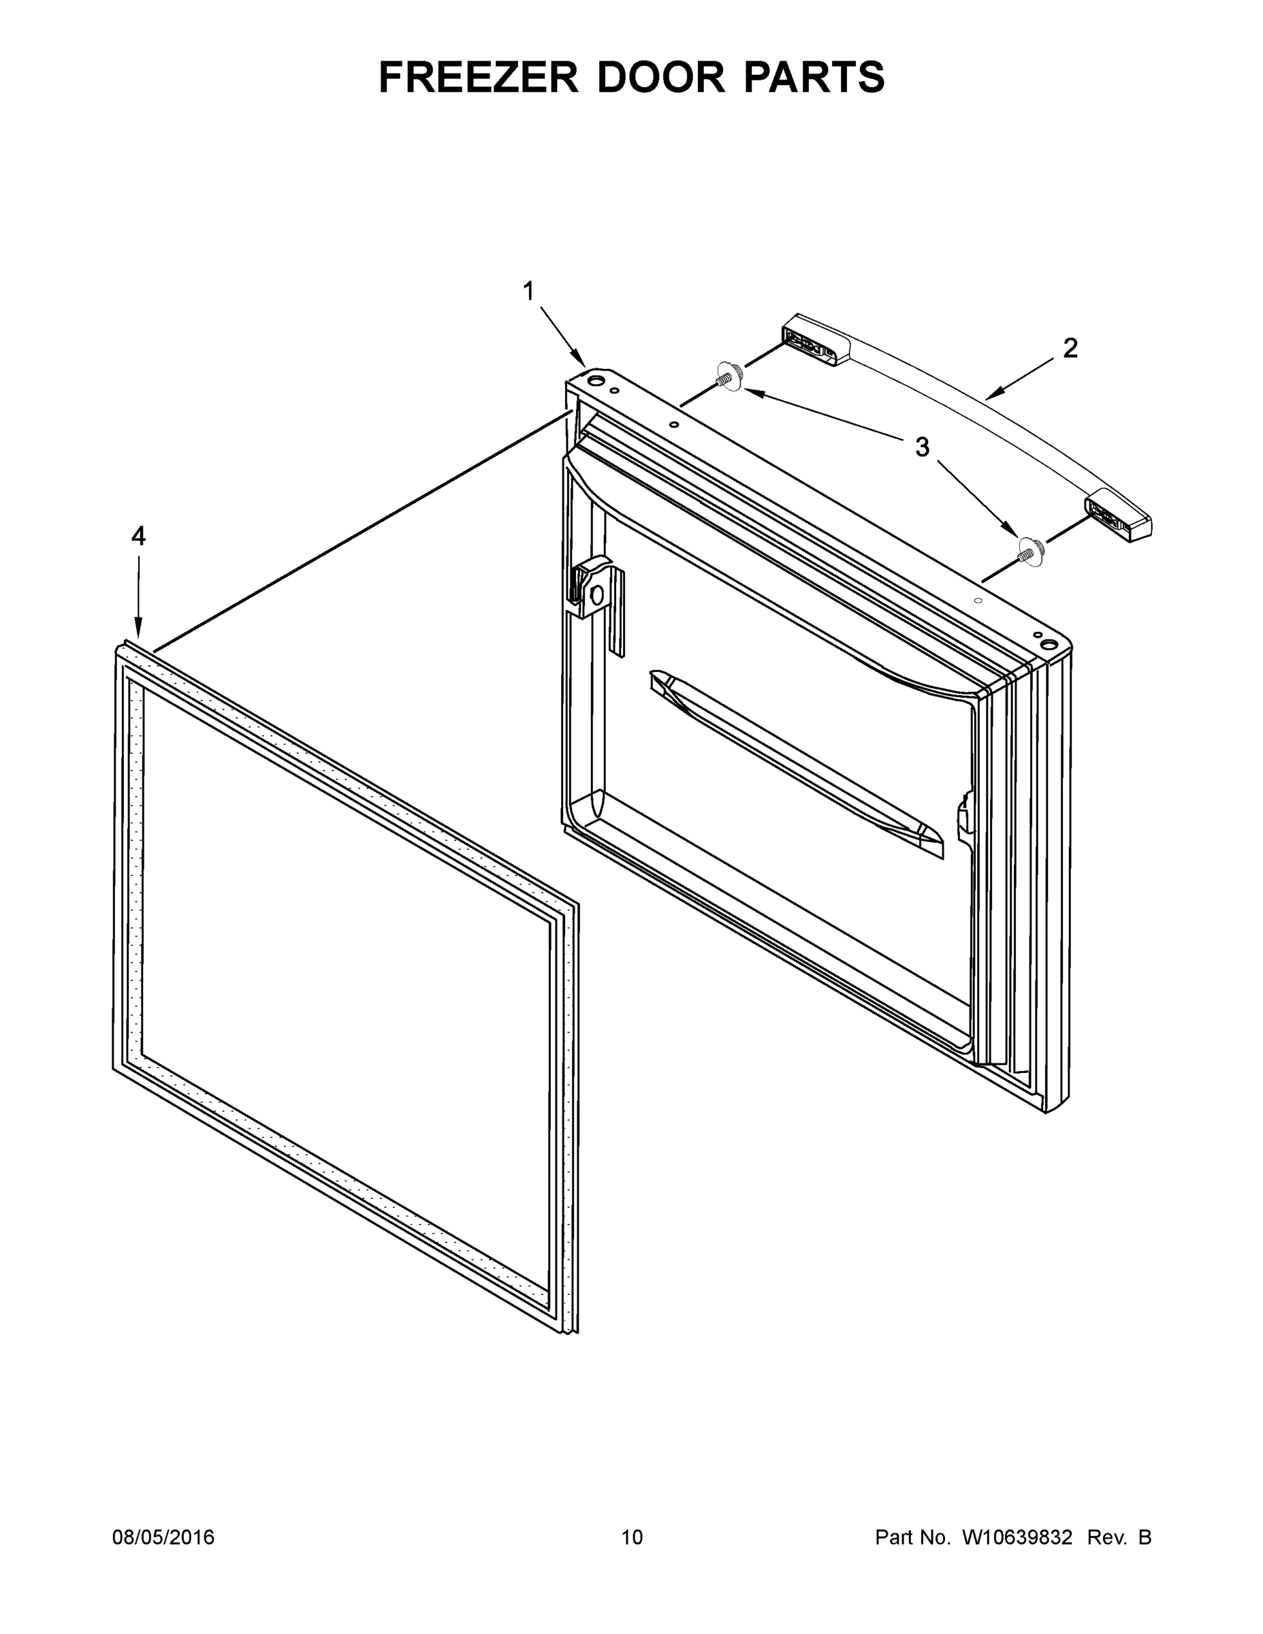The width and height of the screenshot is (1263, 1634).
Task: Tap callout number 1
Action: coord(528,291)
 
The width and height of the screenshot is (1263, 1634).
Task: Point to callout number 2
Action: coord(1071,348)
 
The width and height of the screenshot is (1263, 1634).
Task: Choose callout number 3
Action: coord(923,447)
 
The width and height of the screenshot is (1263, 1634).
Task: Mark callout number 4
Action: coord(138,536)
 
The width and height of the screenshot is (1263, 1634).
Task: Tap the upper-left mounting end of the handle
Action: coord(814,341)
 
